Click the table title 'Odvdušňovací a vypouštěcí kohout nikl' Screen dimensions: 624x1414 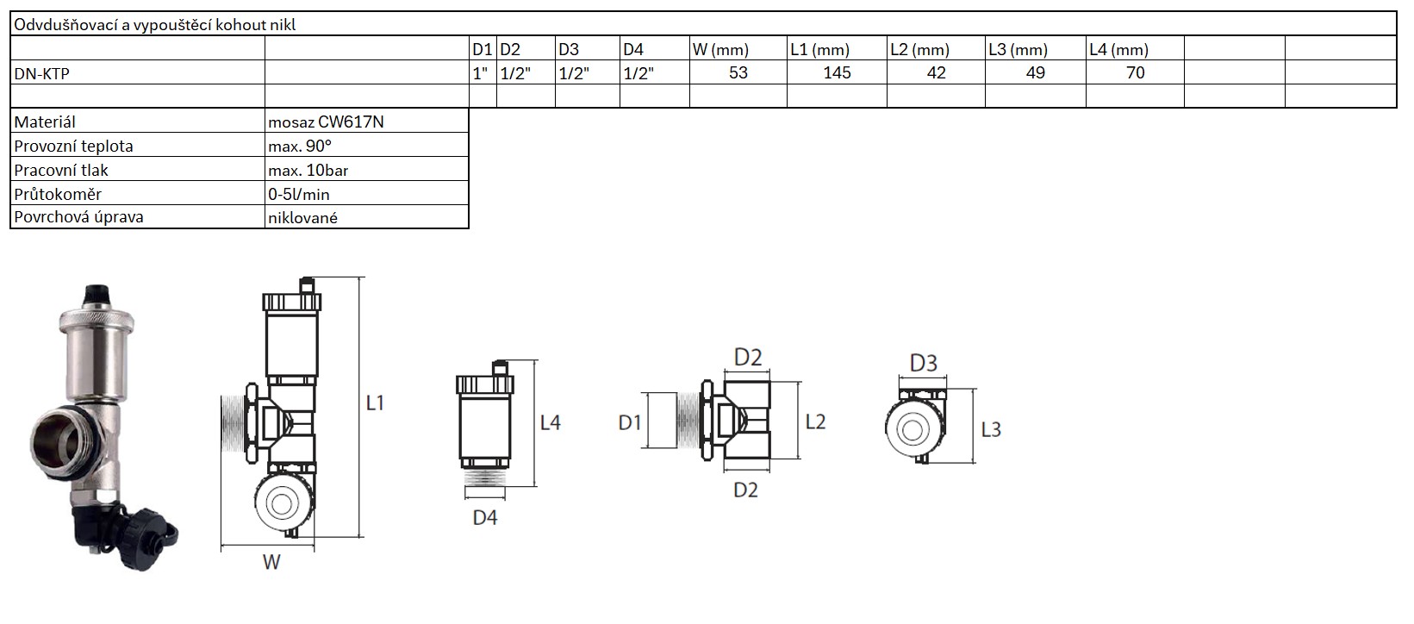(155, 25)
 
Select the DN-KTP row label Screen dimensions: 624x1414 (41, 73)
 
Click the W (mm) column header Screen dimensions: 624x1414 (720, 49)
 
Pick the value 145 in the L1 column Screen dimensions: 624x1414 (837, 72)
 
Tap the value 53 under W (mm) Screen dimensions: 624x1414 (738, 72)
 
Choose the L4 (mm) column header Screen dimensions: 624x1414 (1118, 49)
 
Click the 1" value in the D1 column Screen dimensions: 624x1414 (481, 73)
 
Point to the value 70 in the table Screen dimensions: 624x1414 (1136, 72)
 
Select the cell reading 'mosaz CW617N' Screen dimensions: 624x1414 (326, 122)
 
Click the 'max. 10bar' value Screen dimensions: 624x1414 (308, 170)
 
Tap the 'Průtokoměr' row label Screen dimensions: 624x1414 (53, 194)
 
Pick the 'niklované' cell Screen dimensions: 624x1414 (302, 217)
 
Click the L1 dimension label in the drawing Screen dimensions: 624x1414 (375, 402)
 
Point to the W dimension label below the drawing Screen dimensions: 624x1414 (271, 563)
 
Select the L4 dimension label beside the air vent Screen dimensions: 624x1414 (550, 422)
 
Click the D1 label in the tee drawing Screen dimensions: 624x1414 (630, 422)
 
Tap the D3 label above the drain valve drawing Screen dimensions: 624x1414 (923, 363)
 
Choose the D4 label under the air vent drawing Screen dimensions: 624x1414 (485, 518)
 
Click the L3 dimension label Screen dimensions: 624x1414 (991, 428)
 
